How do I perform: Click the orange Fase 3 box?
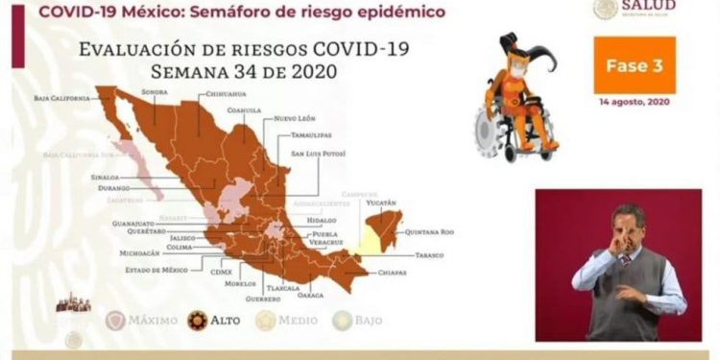634,65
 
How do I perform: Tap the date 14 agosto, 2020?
634,101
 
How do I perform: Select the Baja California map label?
60,97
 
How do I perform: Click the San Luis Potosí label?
318,153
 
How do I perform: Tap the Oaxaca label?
310,295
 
